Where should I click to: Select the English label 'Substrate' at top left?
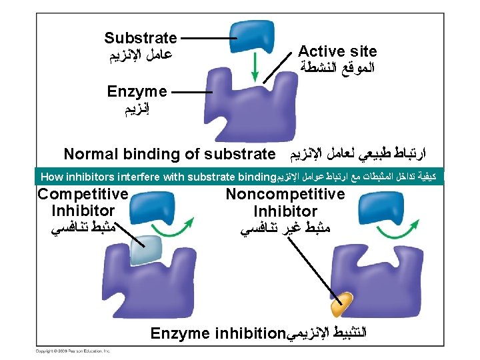click(141, 38)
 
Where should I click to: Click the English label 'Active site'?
click(337, 51)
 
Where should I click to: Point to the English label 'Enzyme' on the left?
click(137, 90)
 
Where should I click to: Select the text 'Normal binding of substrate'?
click(169, 155)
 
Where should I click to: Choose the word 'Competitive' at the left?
click(83, 195)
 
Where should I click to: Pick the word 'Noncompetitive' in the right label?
click(285, 194)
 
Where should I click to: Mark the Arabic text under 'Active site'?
click(337, 67)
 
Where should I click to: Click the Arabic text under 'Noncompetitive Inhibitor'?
click(285, 229)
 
